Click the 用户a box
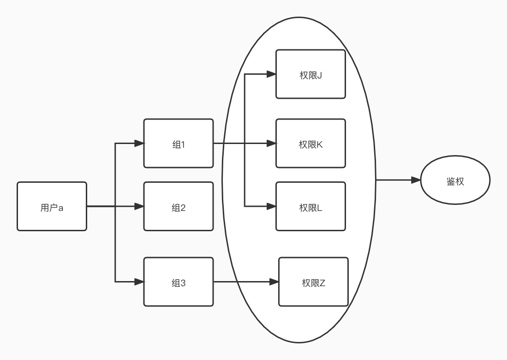click(52, 206)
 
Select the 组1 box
click(179, 144)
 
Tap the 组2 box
click(179, 206)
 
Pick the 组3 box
click(179, 282)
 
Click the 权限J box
click(310, 74)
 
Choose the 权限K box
click(310, 144)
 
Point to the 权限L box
click(310, 206)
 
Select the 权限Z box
click(313, 282)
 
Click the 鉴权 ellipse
click(455, 180)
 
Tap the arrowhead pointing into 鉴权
click(416, 180)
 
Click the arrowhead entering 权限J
click(271, 74)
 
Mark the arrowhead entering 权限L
click(271, 206)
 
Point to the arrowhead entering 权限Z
click(274, 282)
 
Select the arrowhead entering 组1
click(139, 144)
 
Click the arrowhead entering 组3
click(139, 282)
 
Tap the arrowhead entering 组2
click(139, 206)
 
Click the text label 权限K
click(310, 144)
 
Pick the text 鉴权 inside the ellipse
click(455, 181)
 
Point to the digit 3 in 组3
click(183, 283)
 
